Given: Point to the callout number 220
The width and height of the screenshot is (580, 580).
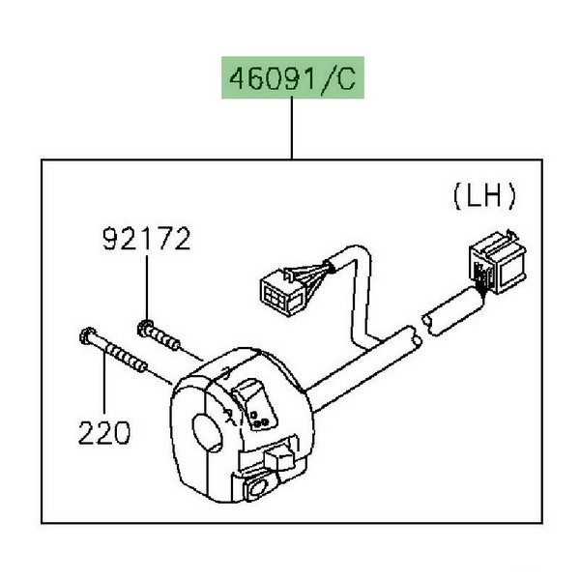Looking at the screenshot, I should pos(103,432).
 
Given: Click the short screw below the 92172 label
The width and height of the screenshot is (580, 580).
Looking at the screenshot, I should pos(163,335).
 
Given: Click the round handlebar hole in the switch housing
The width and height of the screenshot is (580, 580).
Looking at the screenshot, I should pos(208,428).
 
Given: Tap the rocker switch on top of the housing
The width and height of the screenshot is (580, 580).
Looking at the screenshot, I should pos(250,395).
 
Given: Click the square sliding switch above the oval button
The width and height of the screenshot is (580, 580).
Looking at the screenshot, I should pos(279,453).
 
